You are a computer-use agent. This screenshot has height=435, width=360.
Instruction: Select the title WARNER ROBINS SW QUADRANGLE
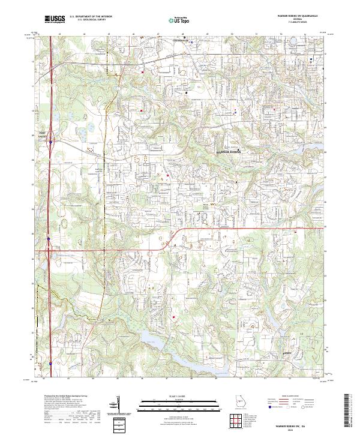[293, 16]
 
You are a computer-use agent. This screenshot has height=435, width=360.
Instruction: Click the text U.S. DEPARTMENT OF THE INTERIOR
[91, 17]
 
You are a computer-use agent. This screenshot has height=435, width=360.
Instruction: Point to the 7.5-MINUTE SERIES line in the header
[293, 23]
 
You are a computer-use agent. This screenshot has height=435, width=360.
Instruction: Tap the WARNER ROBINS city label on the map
[227, 152]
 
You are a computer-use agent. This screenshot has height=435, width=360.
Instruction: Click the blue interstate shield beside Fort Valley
[51, 142]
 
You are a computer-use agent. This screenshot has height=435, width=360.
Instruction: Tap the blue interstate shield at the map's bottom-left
[50, 363]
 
